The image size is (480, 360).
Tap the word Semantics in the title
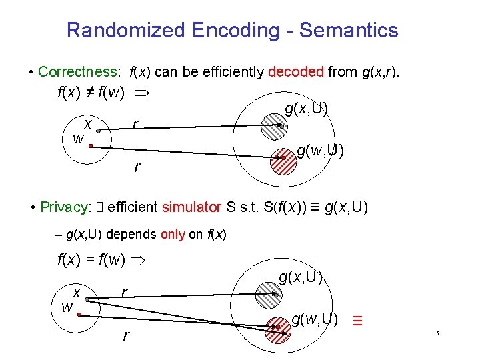[x=349, y=30]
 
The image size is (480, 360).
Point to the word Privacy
[x=63, y=207]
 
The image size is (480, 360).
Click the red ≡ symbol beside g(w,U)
[x=357, y=320]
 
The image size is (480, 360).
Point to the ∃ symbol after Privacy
[x=97, y=207]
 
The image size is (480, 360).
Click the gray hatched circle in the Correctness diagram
[x=273, y=124]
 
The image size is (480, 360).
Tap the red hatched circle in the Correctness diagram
[x=285, y=159]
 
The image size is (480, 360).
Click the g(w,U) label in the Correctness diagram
[x=320, y=151]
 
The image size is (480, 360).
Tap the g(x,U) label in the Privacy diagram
[x=301, y=276]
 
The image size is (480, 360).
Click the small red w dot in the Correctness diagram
[x=89, y=144]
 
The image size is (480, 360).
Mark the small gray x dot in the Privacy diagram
[x=87, y=300]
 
